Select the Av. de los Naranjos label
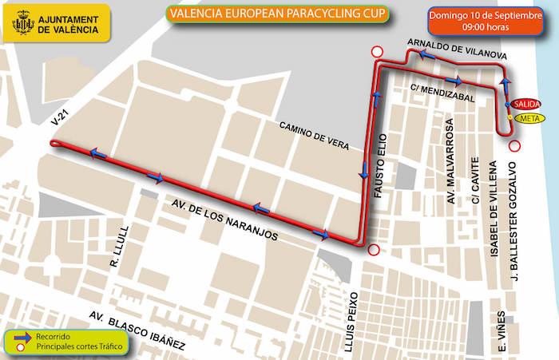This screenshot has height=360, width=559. (x=227, y=217)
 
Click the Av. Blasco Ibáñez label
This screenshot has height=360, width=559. (x=137, y=330)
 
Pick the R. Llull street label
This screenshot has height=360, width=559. (x=115, y=260)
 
